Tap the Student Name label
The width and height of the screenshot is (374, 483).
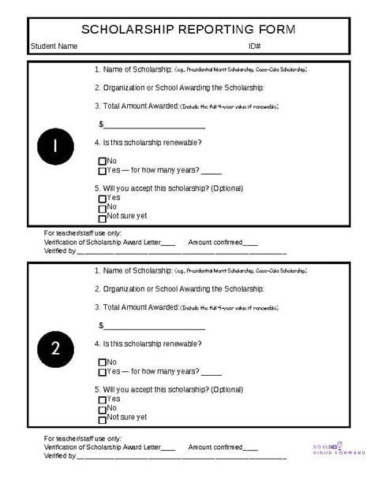point(54,46)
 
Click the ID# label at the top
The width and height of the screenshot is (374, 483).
point(254,46)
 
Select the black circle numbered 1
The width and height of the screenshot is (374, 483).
point(56,147)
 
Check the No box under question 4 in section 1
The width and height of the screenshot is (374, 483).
point(102,162)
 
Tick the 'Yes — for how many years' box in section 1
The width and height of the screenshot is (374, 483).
point(102,171)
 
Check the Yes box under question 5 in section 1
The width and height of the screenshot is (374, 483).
point(102,199)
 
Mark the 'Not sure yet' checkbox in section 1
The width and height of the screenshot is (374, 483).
point(102,217)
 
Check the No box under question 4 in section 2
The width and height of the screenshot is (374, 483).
point(102,362)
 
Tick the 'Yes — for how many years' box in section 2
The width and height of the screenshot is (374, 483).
point(102,372)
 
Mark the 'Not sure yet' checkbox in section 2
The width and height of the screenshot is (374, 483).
point(102,418)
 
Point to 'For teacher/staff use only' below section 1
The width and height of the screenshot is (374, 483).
point(83,233)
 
